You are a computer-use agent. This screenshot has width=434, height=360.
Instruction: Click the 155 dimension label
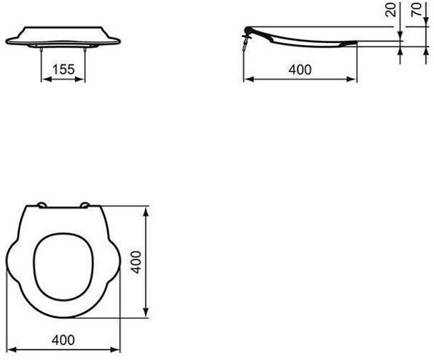[x=64, y=69]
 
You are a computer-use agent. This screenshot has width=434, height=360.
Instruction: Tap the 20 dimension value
[x=391, y=10]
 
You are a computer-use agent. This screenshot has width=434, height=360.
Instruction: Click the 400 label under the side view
[x=300, y=69]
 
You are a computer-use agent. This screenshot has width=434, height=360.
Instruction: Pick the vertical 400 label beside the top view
[x=136, y=262]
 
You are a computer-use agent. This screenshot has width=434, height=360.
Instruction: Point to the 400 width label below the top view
[x=63, y=339]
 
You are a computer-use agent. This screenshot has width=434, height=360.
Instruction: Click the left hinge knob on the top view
[x=42, y=205]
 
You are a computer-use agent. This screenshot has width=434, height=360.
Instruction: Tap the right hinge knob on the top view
[x=85, y=205]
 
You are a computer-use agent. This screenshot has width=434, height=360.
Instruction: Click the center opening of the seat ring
[x=64, y=266]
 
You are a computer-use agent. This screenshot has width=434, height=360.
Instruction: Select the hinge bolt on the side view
[x=245, y=44]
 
